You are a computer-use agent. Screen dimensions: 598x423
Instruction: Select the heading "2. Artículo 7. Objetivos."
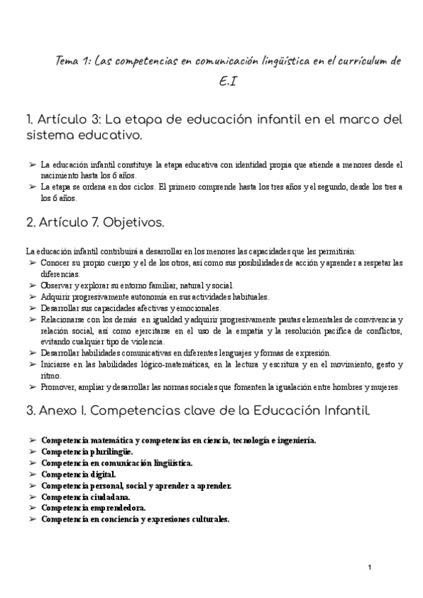click(95, 223)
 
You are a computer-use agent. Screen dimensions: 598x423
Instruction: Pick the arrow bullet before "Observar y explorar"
click(32, 286)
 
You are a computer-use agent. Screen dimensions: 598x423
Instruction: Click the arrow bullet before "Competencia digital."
click(32, 475)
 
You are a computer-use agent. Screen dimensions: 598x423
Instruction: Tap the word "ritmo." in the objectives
click(51, 376)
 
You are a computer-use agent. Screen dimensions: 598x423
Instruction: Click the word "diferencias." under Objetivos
click(61, 274)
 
